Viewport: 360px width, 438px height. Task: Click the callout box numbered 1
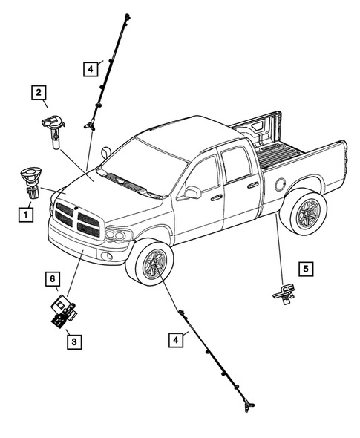[26, 215]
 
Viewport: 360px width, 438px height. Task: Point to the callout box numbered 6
[53, 278]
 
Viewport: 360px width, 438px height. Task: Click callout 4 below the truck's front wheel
[175, 341]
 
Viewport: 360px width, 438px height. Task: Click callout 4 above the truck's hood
[90, 69]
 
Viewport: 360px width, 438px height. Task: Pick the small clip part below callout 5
[284, 295]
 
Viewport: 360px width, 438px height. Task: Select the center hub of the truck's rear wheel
[304, 215]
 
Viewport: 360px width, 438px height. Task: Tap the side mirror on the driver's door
[192, 193]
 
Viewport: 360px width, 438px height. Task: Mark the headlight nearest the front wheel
[117, 235]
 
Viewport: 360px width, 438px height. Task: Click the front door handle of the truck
[216, 198]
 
